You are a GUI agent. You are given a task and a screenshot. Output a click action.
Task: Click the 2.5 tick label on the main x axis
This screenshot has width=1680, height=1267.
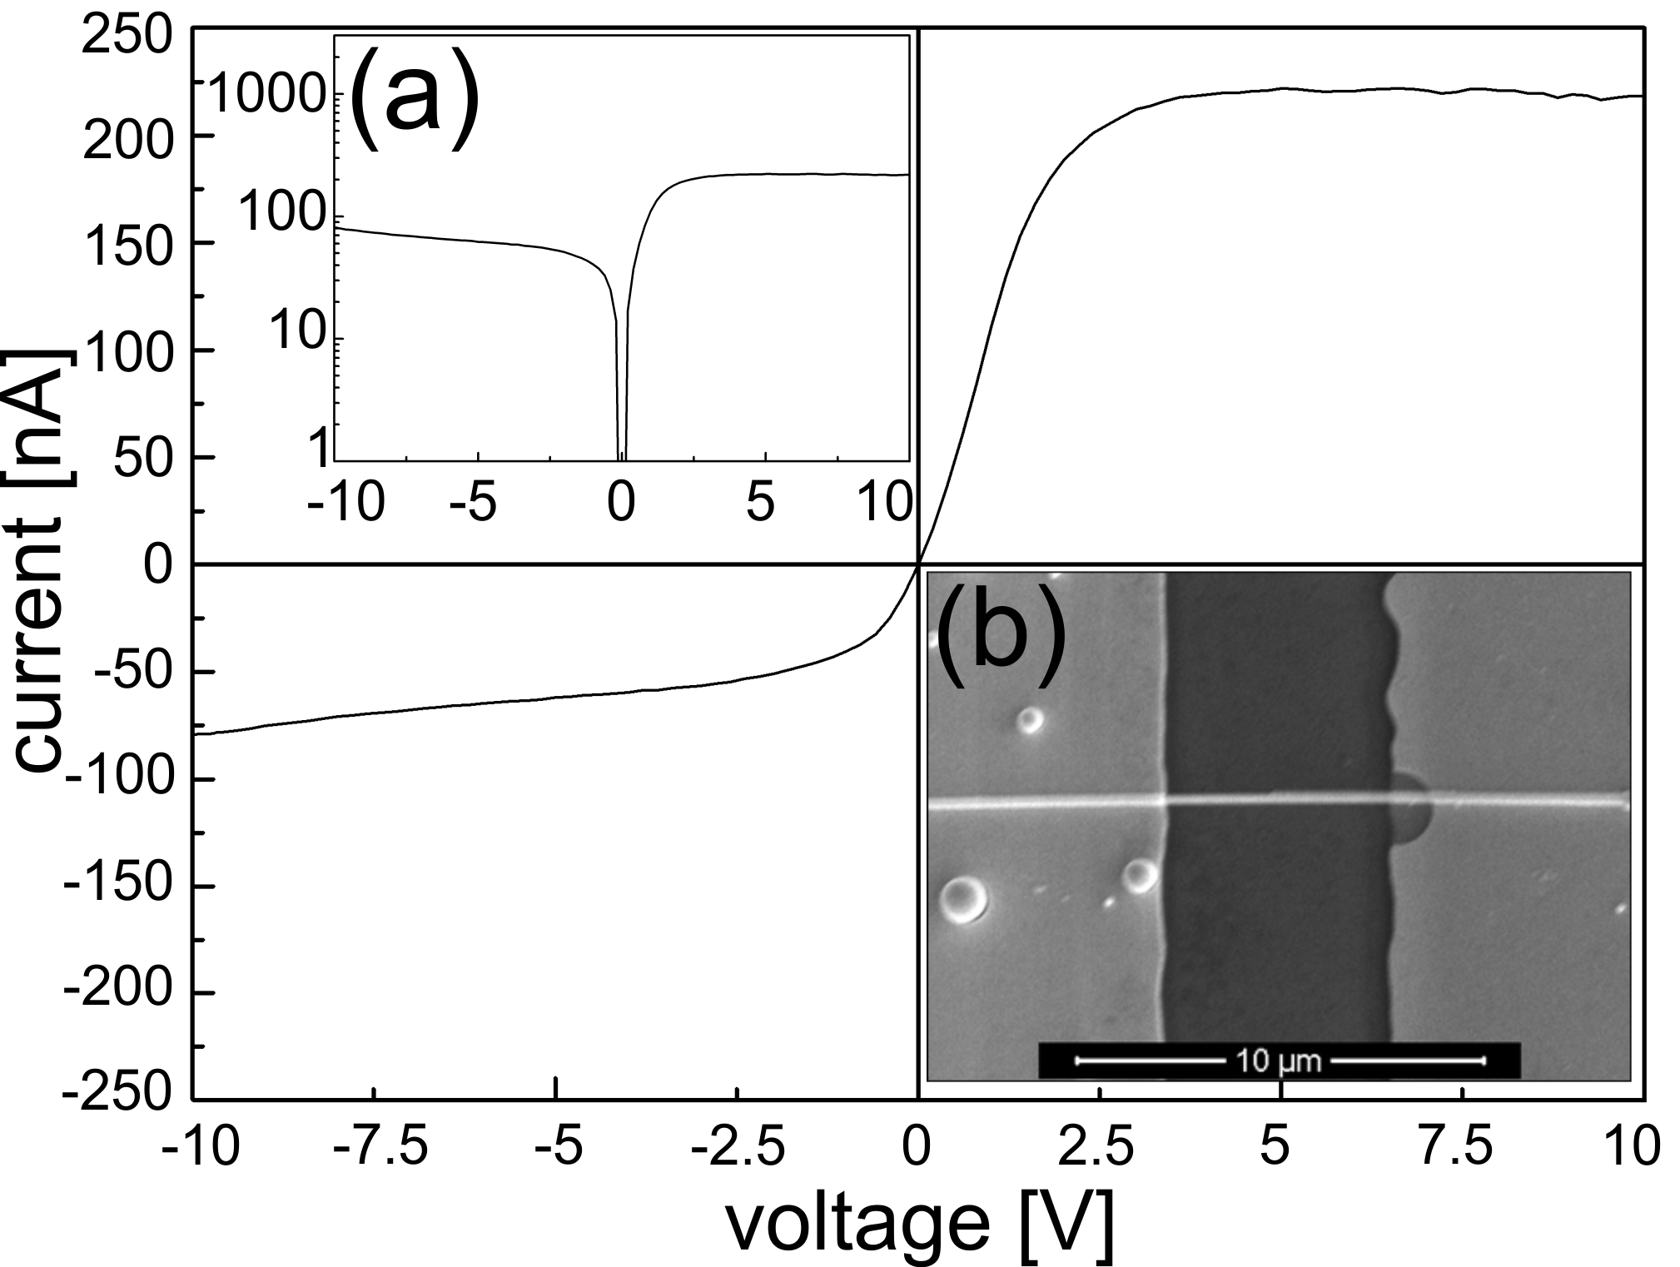point(1097,1148)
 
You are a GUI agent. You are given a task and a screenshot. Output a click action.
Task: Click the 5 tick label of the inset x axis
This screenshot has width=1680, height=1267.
point(761,502)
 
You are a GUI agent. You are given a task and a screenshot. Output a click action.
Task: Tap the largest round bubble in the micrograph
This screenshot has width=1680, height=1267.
point(964,899)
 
